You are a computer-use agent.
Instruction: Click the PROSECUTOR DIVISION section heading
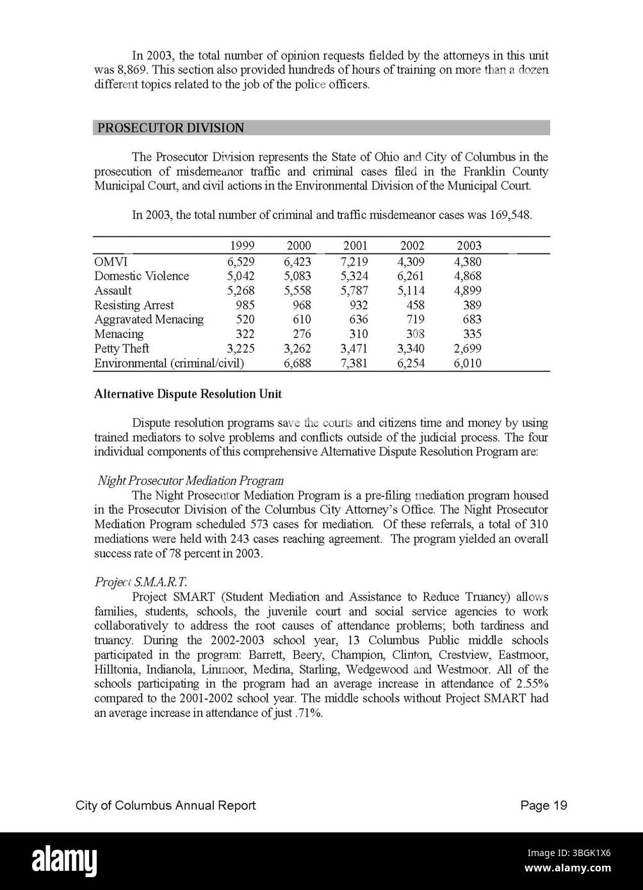[x=170, y=128]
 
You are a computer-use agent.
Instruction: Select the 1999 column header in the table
[x=241, y=246]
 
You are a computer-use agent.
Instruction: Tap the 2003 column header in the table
[x=469, y=246]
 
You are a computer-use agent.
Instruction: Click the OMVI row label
[x=111, y=261]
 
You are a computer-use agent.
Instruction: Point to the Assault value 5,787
[x=354, y=291]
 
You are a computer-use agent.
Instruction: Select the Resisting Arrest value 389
[x=472, y=305]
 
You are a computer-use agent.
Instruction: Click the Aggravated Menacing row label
[x=149, y=320]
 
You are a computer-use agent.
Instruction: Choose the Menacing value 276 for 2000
[x=302, y=334]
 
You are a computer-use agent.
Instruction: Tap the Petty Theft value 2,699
[x=468, y=349]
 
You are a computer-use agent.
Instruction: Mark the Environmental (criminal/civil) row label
[x=169, y=364]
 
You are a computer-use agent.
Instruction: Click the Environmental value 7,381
[x=354, y=364]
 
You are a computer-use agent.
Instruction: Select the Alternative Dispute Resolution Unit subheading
[x=188, y=394]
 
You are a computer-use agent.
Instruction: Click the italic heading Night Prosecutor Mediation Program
[x=190, y=480]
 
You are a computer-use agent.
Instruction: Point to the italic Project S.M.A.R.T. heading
[x=141, y=582]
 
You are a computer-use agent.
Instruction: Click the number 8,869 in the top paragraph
[x=109, y=70]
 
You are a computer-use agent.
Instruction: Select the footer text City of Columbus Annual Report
[x=165, y=805]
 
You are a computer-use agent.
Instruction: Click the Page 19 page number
[x=544, y=805]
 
